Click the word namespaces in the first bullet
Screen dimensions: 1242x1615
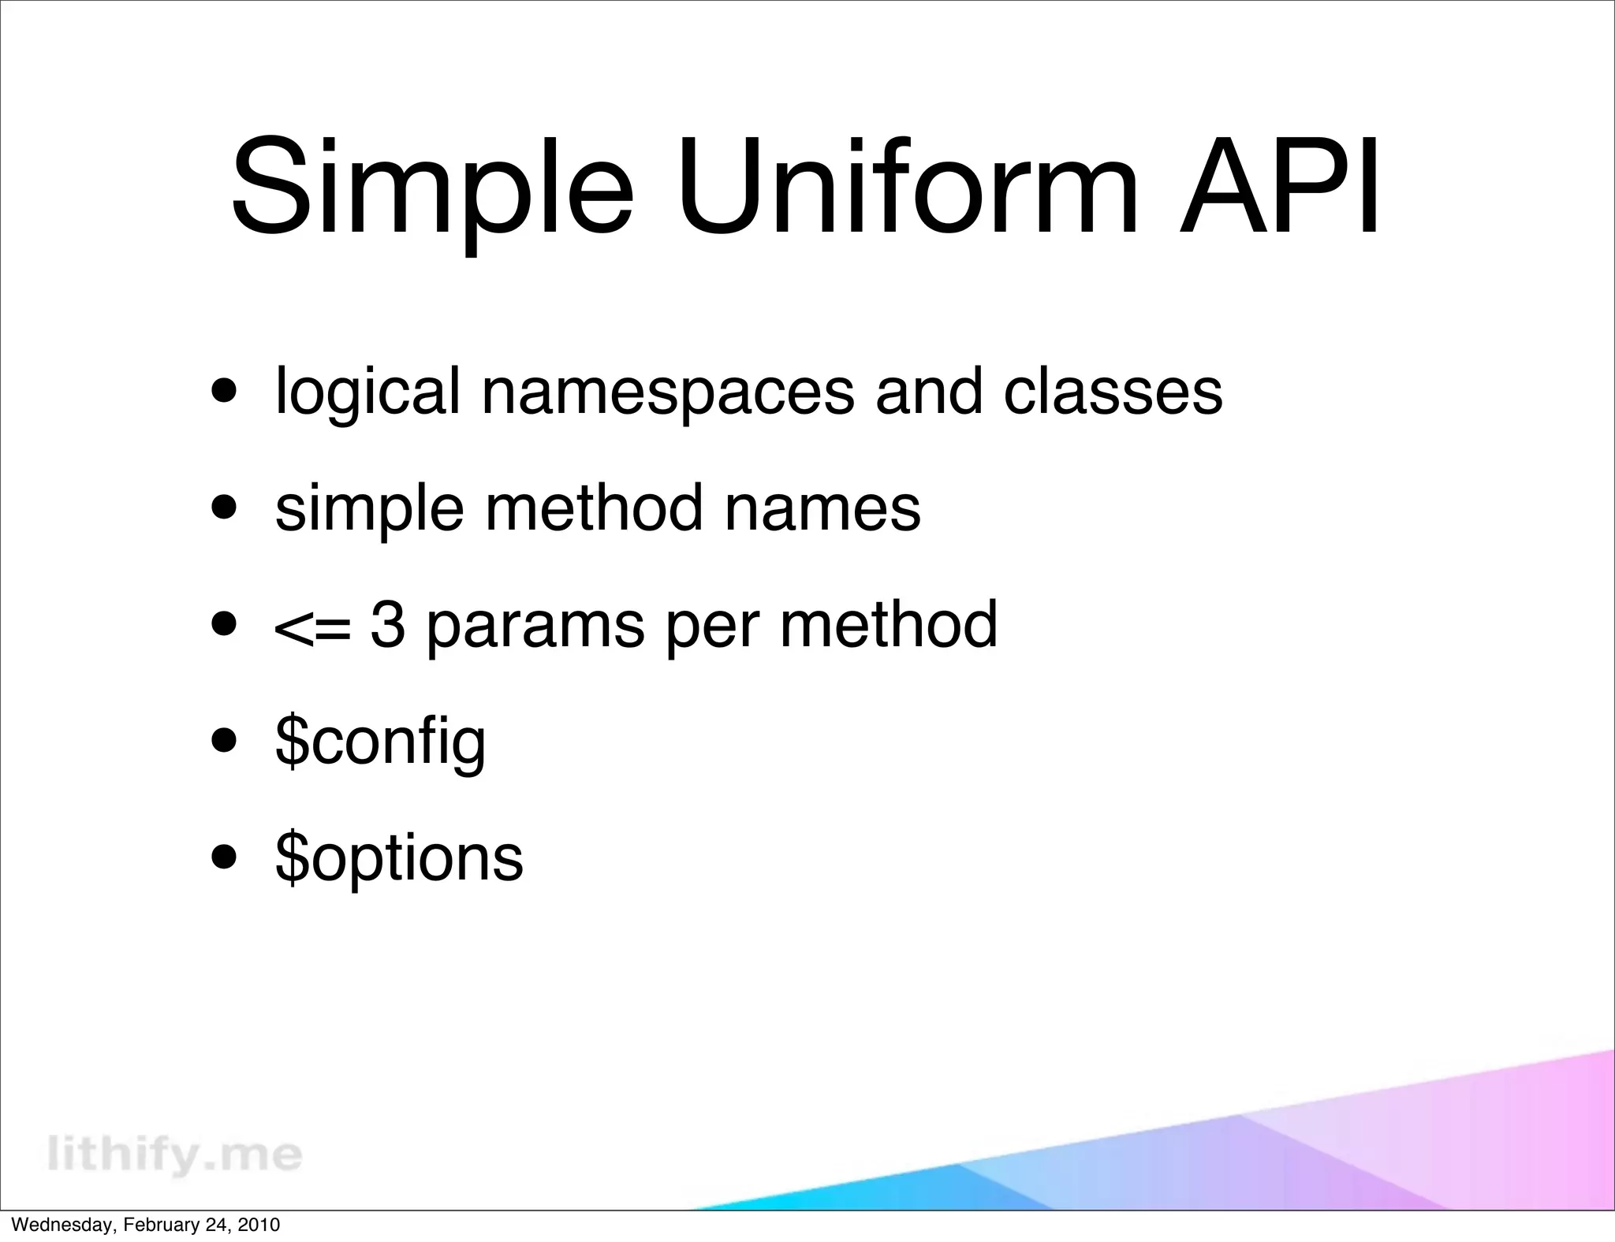[x=667, y=392]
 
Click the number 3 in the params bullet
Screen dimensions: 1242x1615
[x=388, y=623]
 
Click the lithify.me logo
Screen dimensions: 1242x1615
[x=175, y=1154]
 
